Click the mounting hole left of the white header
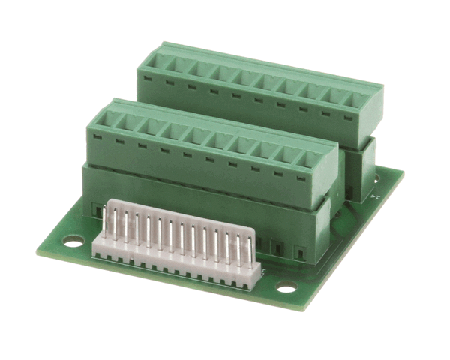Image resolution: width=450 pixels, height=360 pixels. [73, 242]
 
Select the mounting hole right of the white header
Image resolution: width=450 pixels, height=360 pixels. [286, 286]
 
